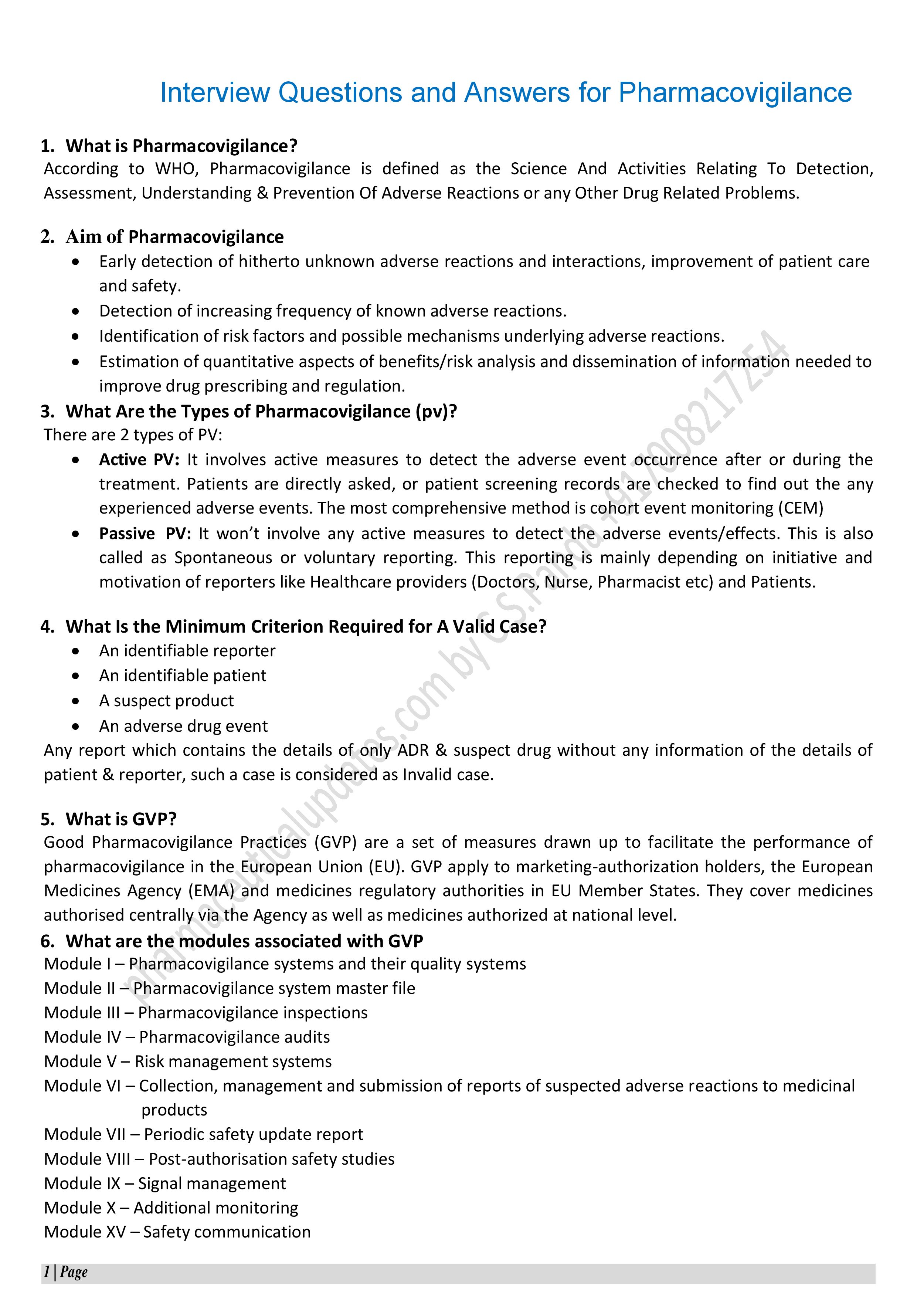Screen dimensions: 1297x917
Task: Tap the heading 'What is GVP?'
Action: [x=121, y=819]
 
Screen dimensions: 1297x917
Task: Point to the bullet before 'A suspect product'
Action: [x=76, y=701]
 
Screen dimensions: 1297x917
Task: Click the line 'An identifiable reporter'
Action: [x=187, y=651]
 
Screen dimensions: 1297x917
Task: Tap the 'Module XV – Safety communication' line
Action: [x=177, y=1232]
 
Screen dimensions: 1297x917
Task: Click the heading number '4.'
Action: [x=47, y=626]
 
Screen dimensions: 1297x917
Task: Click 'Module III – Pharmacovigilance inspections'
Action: [x=206, y=1012]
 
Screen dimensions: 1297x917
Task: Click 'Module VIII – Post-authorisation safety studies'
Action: [x=219, y=1159]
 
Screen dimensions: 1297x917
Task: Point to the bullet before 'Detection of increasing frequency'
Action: [x=76, y=311]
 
